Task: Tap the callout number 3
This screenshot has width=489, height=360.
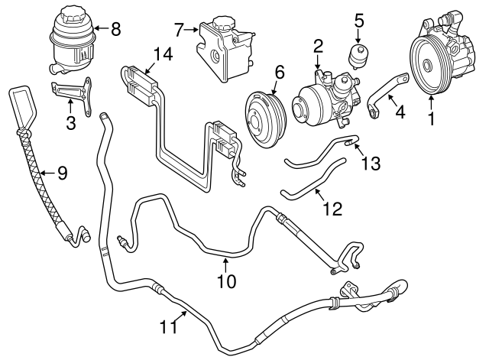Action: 70,122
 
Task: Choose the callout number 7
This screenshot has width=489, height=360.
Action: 178,31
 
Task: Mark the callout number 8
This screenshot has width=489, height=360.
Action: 115,30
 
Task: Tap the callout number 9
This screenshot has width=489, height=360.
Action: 62,173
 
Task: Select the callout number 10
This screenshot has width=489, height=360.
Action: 227,281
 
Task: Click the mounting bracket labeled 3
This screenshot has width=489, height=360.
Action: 70,91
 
